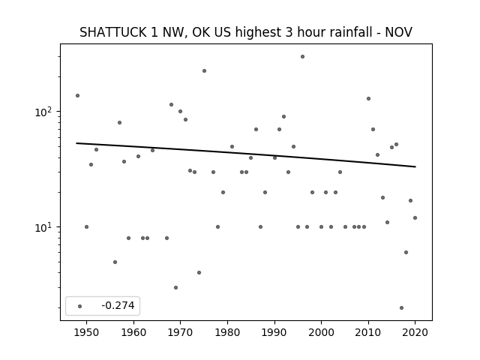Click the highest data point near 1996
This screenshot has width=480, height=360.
[x=302, y=57]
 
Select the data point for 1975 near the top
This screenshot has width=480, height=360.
[x=204, y=71]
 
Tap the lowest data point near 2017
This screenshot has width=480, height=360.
[x=401, y=308]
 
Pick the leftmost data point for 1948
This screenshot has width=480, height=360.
[x=77, y=96]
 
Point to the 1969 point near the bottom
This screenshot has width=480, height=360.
[x=175, y=288]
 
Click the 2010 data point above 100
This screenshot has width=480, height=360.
[x=368, y=98]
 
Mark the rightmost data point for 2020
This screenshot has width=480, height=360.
[x=415, y=218]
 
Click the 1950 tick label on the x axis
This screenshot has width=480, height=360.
[x=87, y=332]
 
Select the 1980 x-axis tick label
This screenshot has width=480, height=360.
[x=227, y=332]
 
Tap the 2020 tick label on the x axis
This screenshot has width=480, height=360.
[x=415, y=332]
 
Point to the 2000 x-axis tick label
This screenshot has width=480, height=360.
[x=322, y=332]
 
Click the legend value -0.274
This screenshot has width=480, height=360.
[x=118, y=305]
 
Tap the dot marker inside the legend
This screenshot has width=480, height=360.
[x=80, y=307]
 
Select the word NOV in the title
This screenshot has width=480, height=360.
[x=398, y=32]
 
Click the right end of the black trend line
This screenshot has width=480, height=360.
[x=415, y=166]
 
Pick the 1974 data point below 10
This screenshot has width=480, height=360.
[x=199, y=273]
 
